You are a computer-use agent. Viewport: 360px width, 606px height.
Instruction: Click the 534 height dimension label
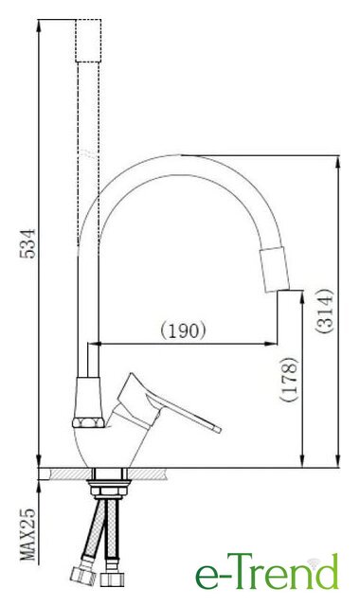pyautogui.click(x=27, y=243)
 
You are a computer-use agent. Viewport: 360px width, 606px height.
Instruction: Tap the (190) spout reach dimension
pyautogui.click(x=183, y=330)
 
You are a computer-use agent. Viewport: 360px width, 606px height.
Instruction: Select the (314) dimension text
pyautogui.click(x=324, y=311)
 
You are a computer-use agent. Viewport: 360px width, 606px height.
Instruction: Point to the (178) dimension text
pyautogui.click(x=290, y=380)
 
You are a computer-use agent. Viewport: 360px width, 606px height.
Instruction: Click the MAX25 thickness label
pyautogui.click(x=27, y=535)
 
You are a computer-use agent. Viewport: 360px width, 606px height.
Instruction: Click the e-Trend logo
pyautogui.click(x=267, y=571)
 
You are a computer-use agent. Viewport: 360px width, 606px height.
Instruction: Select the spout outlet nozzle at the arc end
pyautogui.click(x=275, y=269)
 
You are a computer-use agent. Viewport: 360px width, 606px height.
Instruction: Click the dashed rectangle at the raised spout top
pyautogui.click(x=88, y=41)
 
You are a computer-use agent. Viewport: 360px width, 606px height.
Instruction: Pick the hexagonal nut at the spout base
pyautogui.click(x=88, y=422)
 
